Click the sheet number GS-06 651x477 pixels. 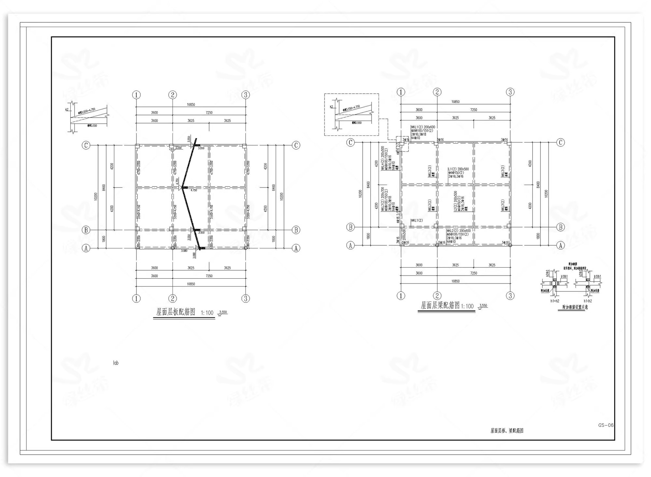tap(605, 425)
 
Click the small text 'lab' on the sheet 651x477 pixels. tap(116, 363)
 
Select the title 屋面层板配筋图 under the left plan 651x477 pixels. tap(176, 312)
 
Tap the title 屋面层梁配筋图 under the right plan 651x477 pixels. tap(440, 305)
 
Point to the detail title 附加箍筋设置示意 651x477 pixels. tap(575, 307)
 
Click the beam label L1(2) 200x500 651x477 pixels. tap(458, 169)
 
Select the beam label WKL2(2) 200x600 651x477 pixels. tap(459, 231)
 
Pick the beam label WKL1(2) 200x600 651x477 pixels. tap(423, 127)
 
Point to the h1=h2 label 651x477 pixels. tap(555, 301)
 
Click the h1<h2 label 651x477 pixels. tap(588, 301)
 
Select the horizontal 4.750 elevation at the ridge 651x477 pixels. tap(193, 190)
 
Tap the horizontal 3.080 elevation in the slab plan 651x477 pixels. tap(184, 250)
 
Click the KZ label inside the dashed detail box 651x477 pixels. tap(331, 107)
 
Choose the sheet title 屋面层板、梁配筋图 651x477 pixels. tap(507, 430)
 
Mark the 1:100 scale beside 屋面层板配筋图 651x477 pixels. tap(207, 313)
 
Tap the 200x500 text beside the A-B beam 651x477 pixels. tap(404, 235)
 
